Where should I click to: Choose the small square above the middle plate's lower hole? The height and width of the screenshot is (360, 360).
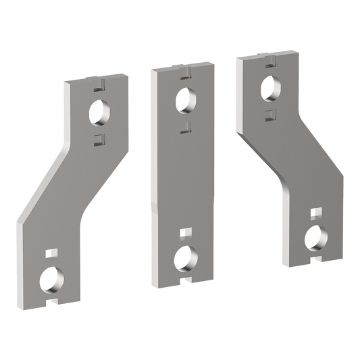tap(184, 234)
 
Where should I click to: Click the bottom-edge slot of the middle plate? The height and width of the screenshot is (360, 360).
tap(184, 280)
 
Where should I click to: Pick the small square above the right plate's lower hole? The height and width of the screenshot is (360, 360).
tap(315, 213)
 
